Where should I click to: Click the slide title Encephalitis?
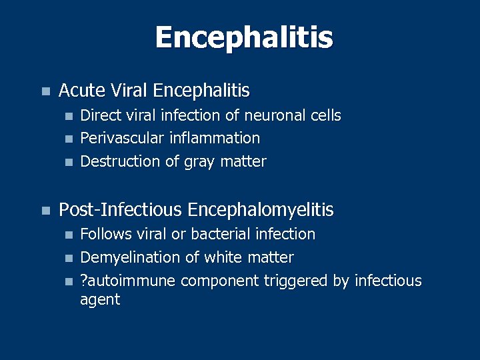[243, 37]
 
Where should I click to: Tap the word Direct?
[101, 116]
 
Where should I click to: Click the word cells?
[326, 116]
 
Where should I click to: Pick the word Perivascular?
[123, 139]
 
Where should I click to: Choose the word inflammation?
[214, 139]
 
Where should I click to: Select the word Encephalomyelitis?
[261, 211]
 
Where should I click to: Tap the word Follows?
[105, 235]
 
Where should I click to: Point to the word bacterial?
[223, 235]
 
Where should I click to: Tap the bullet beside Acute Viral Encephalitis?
[45, 91]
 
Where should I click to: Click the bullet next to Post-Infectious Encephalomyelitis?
[45, 211]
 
